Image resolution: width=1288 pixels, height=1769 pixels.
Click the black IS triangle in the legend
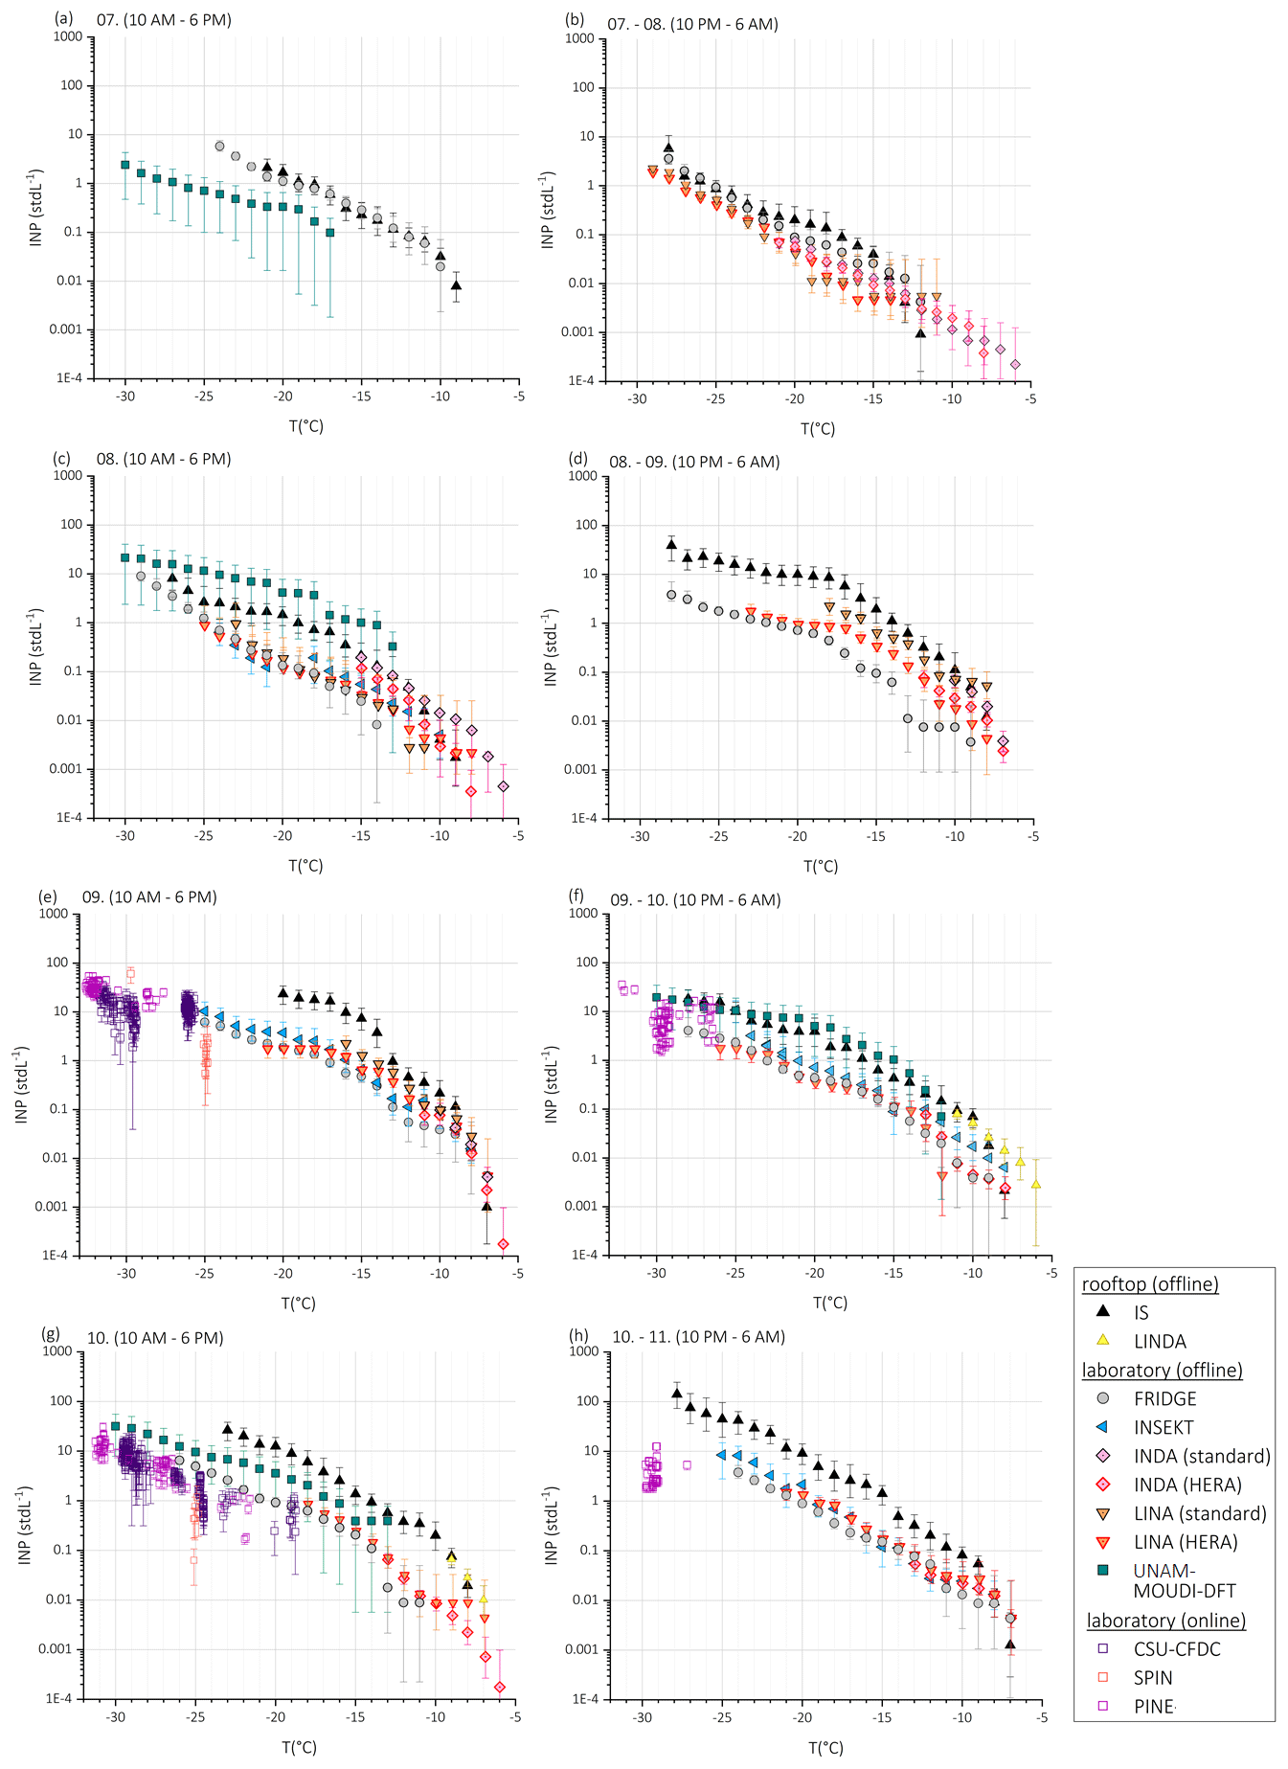coord(1102,1311)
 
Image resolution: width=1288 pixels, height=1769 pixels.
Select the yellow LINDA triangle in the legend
coord(1102,1340)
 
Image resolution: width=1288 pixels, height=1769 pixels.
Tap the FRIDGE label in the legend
coord(1164,1398)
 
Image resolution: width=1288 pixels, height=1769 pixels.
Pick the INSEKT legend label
coord(1164,1427)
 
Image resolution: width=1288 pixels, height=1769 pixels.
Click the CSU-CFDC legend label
coord(1177,1648)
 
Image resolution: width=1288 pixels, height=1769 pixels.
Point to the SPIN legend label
coord(1153,1677)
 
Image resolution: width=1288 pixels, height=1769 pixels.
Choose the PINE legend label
coord(1154,1706)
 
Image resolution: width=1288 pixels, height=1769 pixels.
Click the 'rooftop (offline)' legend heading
coord(1150,1283)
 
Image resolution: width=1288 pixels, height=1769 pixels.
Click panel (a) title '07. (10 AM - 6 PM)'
coord(164,19)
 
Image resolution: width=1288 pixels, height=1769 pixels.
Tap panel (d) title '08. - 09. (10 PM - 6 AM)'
coord(694,462)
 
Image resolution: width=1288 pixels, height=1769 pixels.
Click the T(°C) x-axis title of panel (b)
coord(818,428)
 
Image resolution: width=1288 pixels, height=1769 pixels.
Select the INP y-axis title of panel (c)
coord(36,646)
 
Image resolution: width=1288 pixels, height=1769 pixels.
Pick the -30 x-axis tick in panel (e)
coord(126,1274)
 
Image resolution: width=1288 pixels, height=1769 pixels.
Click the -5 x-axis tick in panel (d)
coord(1033,836)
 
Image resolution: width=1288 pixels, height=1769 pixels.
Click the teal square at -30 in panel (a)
coord(124,165)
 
